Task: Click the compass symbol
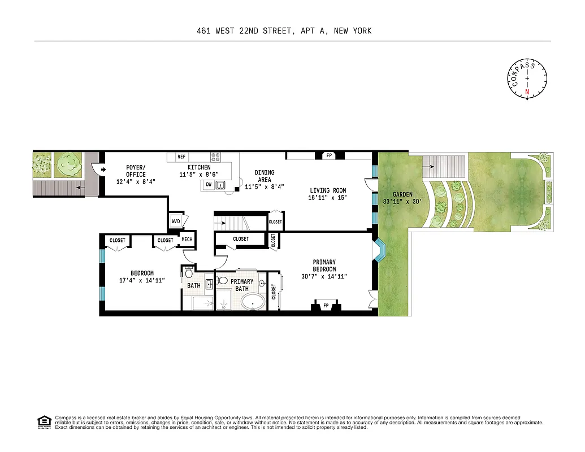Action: click(527, 79)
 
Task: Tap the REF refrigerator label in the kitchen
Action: click(181, 157)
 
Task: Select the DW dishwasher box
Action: click(208, 184)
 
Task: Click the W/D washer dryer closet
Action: click(176, 221)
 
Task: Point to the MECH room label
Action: click(187, 240)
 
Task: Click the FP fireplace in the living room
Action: click(328, 155)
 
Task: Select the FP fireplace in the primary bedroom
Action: click(326, 306)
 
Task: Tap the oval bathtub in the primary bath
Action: click(253, 302)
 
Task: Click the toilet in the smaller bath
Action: click(189, 274)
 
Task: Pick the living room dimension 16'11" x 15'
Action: click(327, 198)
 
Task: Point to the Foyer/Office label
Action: click(136, 175)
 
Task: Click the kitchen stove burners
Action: click(215, 157)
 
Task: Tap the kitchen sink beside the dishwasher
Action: click(220, 184)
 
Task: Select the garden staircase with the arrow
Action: click(444, 167)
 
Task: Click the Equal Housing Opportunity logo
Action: click(44, 421)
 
